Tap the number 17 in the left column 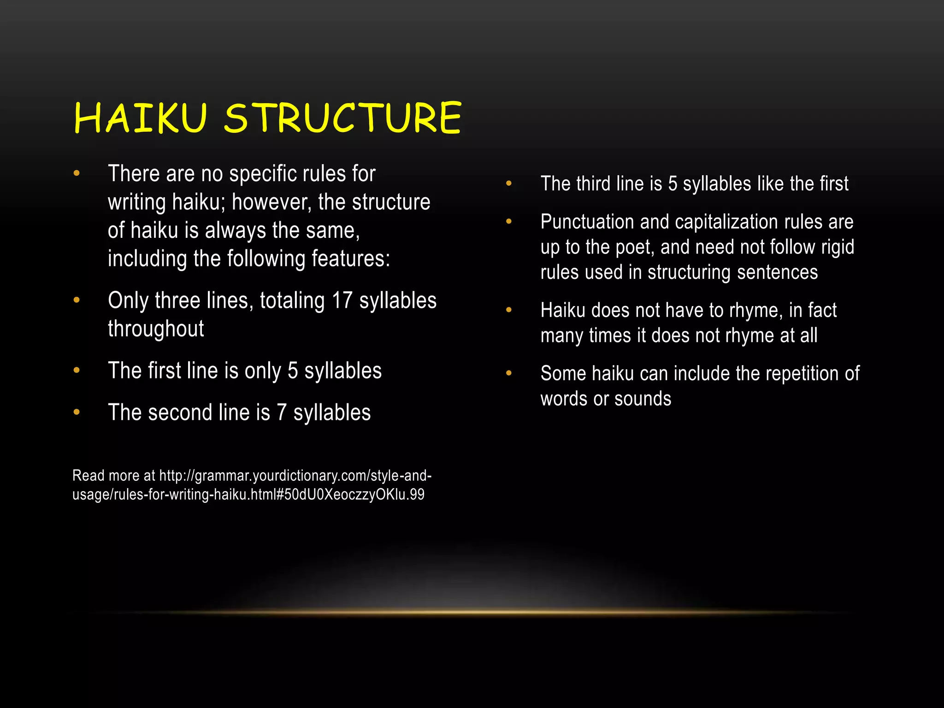click(342, 301)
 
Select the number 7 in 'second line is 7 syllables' click(282, 412)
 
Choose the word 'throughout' click(156, 329)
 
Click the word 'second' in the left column click(177, 412)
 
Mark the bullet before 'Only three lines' click(77, 301)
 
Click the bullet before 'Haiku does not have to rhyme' click(509, 310)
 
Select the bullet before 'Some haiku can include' click(509, 373)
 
